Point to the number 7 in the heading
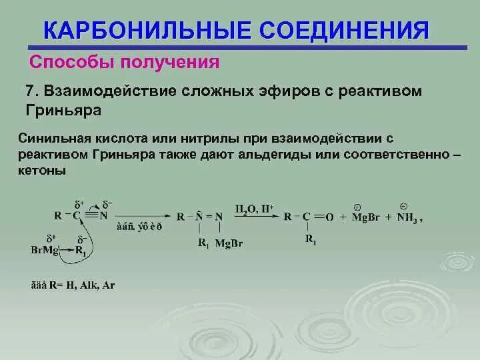tap(29, 91)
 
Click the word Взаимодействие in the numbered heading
tap(106, 91)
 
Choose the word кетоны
tap(43, 171)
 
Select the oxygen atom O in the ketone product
tap(331, 217)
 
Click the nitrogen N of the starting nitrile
tap(103, 215)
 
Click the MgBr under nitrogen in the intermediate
tap(230, 243)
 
